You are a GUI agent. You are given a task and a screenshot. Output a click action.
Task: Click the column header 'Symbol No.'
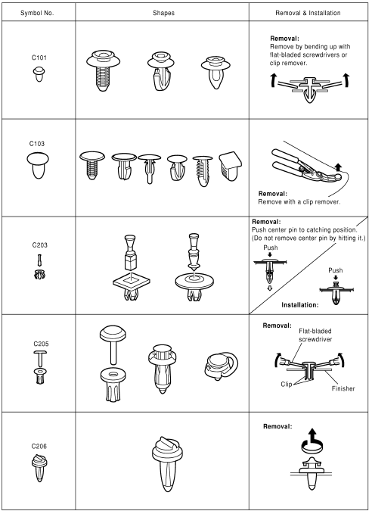pos(38,11)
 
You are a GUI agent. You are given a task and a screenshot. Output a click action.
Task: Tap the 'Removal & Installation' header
pos(308,11)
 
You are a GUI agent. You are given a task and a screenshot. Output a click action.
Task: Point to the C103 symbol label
pos(38,142)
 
